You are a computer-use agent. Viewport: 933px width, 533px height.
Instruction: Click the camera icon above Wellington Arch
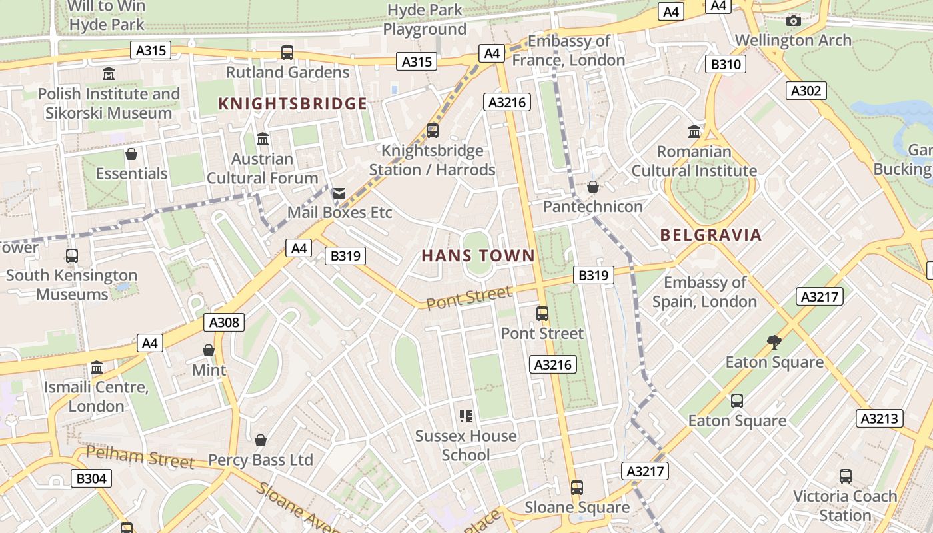pyautogui.click(x=793, y=21)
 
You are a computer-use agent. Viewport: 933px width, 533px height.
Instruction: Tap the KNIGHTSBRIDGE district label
pyautogui.click(x=293, y=103)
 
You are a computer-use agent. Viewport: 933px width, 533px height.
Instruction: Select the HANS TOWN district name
pyautogui.click(x=478, y=255)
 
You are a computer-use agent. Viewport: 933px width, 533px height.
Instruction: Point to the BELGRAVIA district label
pyautogui.click(x=710, y=235)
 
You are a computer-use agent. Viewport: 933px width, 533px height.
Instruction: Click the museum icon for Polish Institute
pyautogui.click(x=109, y=73)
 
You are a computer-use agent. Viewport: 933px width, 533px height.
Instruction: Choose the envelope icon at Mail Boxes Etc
pyautogui.click(x=339, y=193)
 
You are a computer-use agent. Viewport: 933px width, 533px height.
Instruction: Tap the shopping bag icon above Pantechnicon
pyautogui.click(x=592, y=187)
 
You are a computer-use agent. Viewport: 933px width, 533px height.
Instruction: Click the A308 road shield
pyautogui.click(x=224, y=322)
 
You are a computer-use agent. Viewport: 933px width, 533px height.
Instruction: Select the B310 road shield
pyautogui.click(x=726, y=64)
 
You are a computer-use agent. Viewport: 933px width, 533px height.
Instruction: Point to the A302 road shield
pyautogui.click(x=806, y=91)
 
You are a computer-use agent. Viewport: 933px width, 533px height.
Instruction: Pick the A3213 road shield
pyautogui.click(x=880, y=418)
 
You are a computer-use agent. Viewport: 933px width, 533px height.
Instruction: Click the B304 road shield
pyautogui.click(x=91, y=478)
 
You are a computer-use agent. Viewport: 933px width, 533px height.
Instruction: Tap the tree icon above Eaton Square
pyautogui.click(x=774, y=342)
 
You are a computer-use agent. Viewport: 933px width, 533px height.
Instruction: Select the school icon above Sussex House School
pyautogui.click(x=465, y=416)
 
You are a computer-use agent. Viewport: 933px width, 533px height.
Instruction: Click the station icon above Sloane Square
pyautogui.click(x=577, y=488)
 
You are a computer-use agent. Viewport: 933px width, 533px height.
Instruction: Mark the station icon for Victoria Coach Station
pyautogui.click(x=845, y=476)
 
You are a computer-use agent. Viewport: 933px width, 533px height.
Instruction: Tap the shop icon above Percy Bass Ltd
pyautogui.click(x=261, y=440)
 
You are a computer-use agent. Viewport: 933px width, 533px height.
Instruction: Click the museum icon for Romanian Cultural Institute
pyautogui.click(x=694, y=131)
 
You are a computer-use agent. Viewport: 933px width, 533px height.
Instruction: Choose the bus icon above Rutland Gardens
pyautogui.click(x=287, y=52)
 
